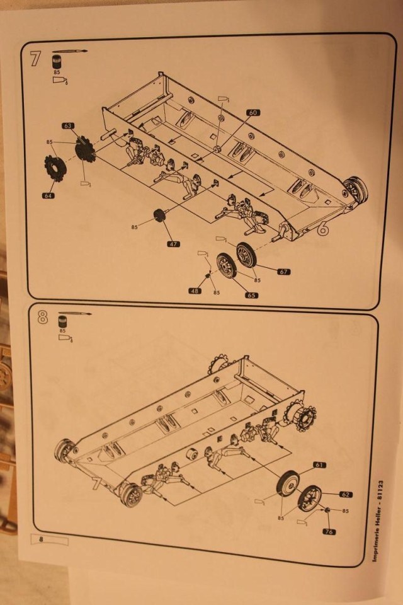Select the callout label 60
click(252, 113)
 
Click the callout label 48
click(195, 291)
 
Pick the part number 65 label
click(252, 295)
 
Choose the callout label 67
click(283, 272)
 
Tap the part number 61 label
click(319, 465)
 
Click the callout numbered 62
click(345, 495)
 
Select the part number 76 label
click(329, 532)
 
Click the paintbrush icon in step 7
click(70, 51)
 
